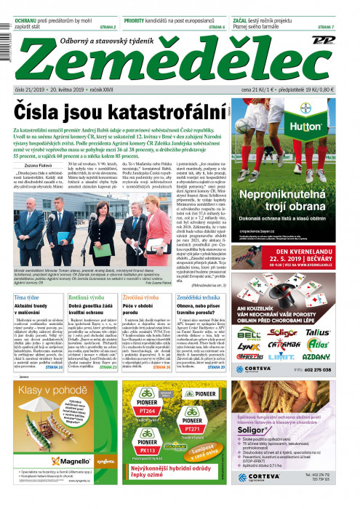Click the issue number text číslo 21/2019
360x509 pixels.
(x=30, y=89)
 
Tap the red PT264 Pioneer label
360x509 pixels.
(x=147, y=412)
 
